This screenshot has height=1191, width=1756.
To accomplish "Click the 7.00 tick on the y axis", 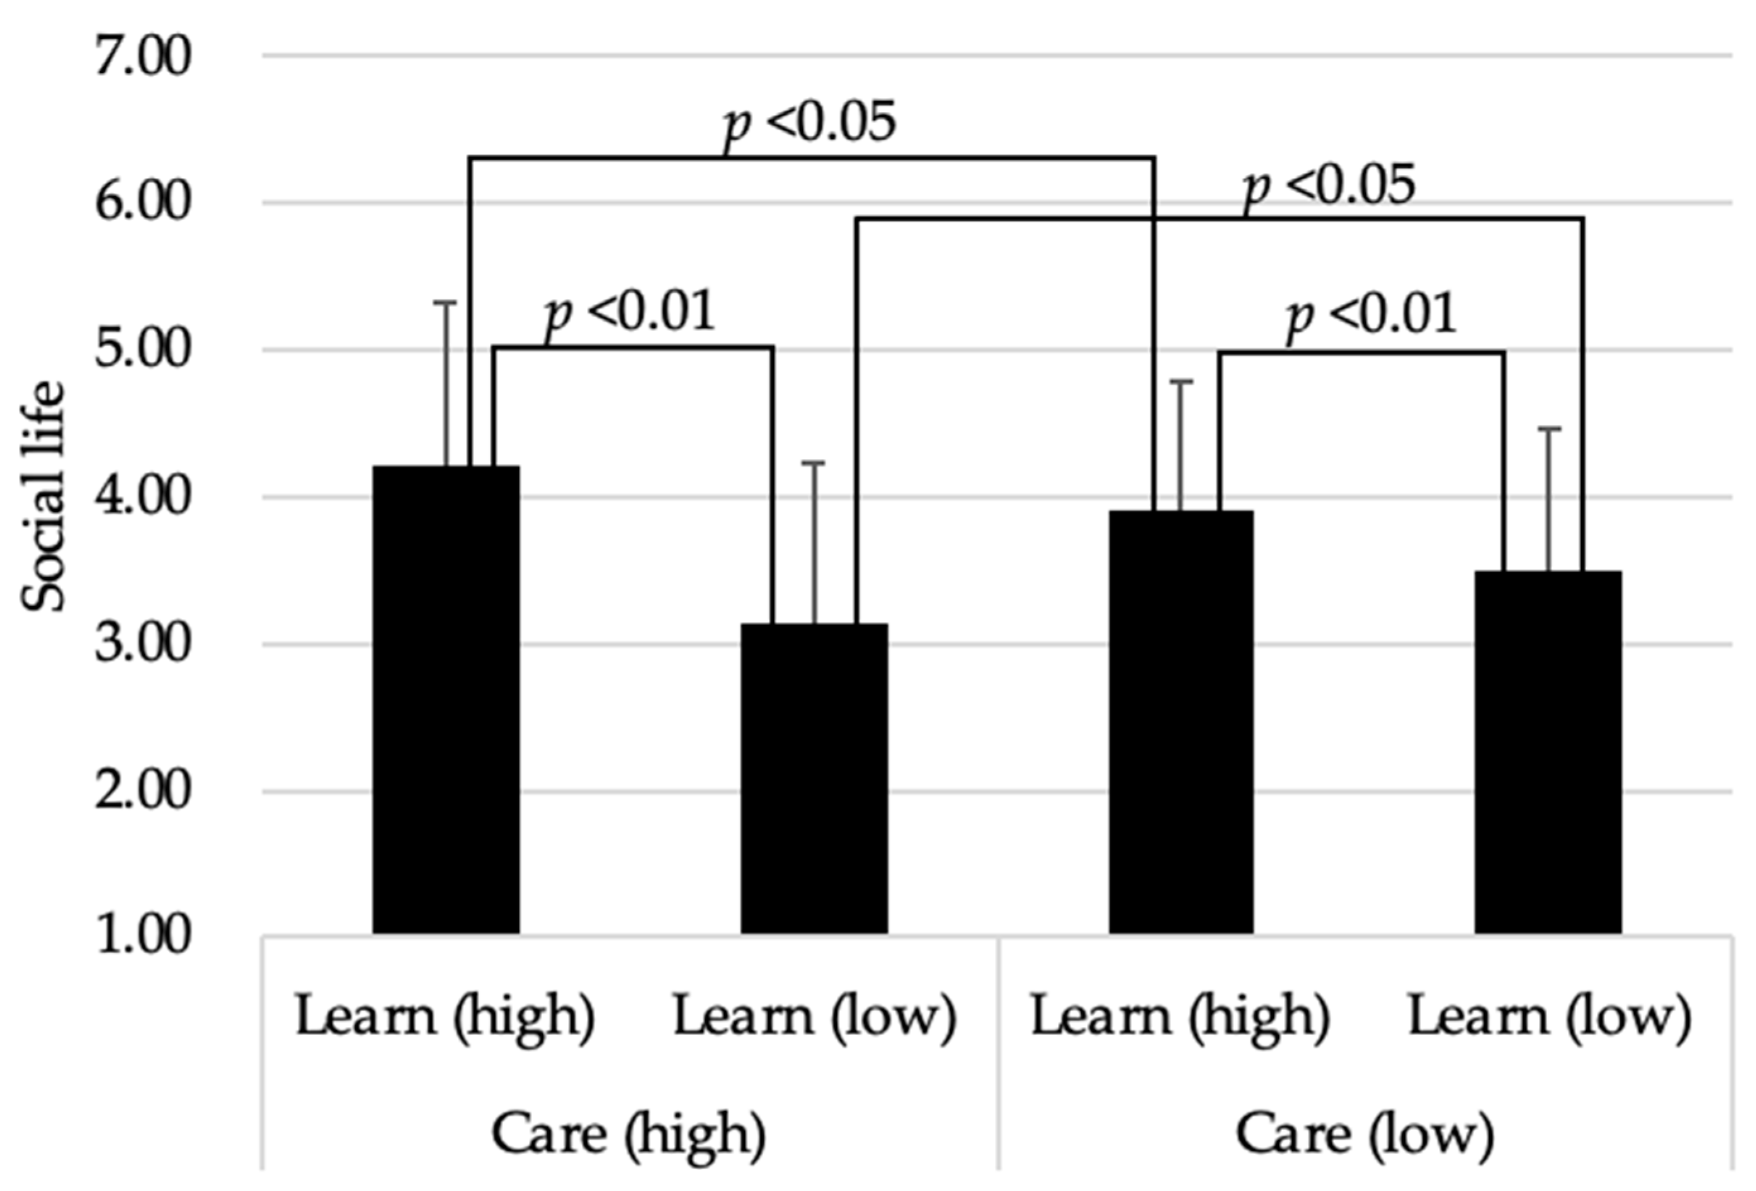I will point(143,57).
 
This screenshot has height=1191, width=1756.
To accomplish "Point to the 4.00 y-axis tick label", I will point(143,498).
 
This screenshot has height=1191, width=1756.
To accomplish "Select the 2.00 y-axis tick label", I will point(143,792).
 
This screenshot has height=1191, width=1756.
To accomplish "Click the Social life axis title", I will point(44,496).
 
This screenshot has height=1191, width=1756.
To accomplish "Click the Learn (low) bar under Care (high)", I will point(814,778).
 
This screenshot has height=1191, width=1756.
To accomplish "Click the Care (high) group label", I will point(629,1134).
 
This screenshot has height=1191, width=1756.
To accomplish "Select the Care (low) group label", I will point(1365,1134).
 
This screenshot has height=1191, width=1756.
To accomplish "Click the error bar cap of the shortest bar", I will point(814,462).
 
